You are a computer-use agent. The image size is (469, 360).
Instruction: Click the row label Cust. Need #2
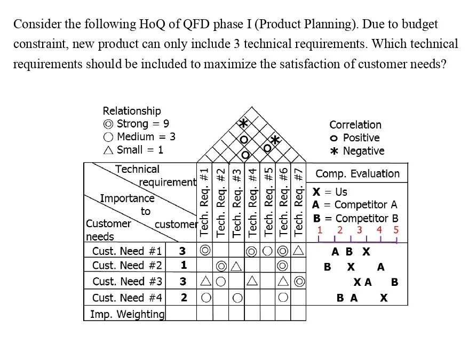[126, 266]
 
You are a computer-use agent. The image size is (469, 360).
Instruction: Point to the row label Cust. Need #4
[126, 298]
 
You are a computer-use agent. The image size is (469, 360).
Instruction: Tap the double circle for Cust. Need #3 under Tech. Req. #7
[299, 282]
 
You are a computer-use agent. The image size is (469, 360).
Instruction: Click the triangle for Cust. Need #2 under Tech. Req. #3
[236, 266]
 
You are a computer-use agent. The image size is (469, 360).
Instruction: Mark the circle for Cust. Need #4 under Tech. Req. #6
[283, 298]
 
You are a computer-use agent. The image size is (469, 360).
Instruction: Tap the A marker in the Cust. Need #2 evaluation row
[380, 267]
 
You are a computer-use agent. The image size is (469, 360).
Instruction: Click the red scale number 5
[395, 230]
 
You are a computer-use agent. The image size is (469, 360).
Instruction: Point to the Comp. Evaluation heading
[357, 174]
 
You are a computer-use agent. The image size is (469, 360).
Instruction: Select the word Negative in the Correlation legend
[363, 151]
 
